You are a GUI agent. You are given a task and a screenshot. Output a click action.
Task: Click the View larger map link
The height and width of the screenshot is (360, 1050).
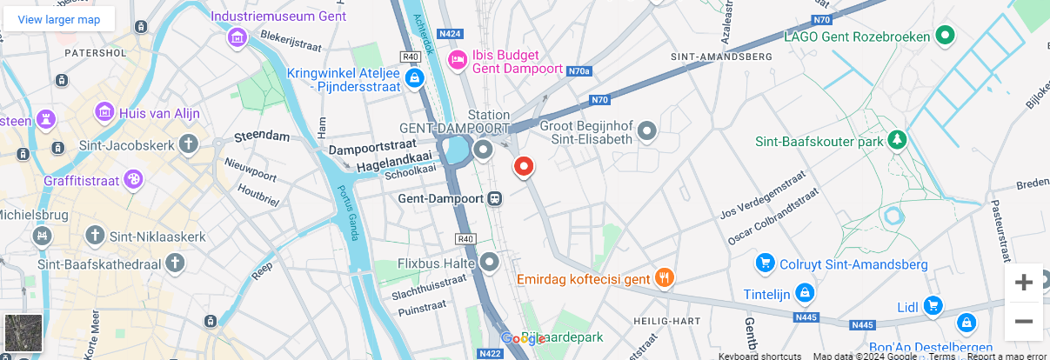tap(59, 19)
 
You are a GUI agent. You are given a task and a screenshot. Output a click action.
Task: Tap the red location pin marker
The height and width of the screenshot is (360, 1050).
tap(524, 166)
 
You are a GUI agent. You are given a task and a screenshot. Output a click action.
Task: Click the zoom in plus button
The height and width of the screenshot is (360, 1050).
tap(1024, 283)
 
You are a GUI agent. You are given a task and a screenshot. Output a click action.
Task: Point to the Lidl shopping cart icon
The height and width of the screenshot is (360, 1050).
tap(933, 305)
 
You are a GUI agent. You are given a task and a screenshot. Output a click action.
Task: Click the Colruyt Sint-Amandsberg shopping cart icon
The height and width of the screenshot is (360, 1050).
tap(766, 263)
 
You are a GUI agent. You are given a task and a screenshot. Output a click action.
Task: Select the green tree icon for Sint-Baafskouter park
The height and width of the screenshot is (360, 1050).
tap(897, 140)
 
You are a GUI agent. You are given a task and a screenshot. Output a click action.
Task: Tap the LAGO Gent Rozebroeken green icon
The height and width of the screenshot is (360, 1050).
tap(945, 36)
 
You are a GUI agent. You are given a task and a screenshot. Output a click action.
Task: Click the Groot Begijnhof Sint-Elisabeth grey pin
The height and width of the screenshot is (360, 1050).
tap(647, 131)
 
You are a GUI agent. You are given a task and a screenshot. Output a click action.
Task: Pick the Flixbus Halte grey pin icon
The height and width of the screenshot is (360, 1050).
tap(490, 261)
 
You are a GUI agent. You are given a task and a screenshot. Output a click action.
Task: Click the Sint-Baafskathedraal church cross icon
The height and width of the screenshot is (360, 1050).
tap(176, 262)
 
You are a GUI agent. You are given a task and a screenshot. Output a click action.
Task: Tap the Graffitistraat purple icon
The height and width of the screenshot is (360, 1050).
tap(134, 180)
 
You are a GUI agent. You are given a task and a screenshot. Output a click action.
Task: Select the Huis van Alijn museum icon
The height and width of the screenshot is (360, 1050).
tap(105, 112)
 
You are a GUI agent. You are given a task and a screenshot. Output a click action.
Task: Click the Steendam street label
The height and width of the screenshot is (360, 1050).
tap(262, 137)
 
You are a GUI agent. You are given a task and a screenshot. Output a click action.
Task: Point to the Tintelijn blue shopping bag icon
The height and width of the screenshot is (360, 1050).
tap(806, 294)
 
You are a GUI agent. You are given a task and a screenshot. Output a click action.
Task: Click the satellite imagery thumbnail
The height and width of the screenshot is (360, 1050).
tap(23, 332)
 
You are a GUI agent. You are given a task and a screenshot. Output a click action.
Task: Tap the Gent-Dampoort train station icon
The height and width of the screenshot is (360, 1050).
tap(495, 198)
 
